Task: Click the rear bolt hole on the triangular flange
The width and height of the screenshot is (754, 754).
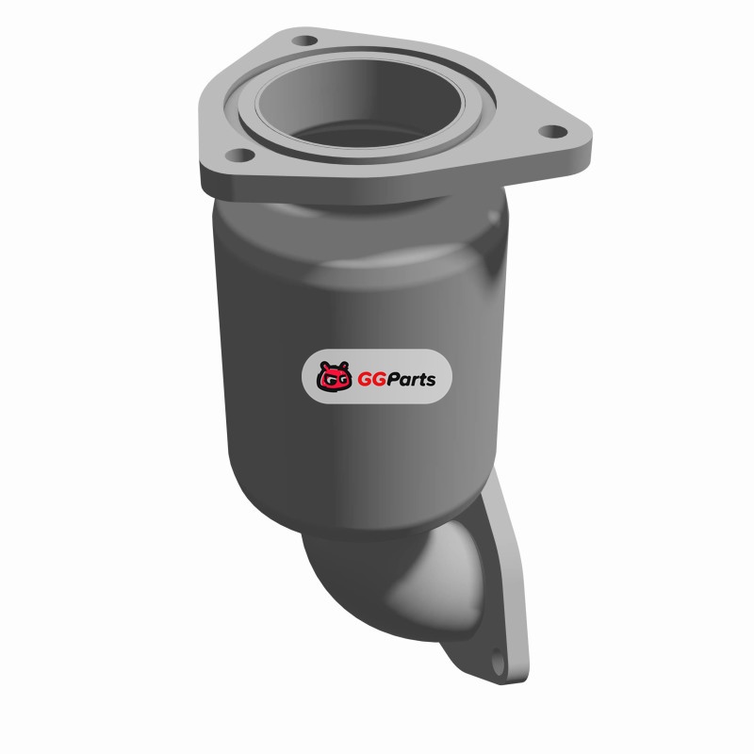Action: coord(304,41)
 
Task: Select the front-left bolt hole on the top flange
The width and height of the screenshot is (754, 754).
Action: coord(239,156)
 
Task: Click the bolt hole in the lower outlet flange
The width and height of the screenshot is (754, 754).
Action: coord(499,664)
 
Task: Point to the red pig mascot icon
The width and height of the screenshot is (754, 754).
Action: coord(333,376)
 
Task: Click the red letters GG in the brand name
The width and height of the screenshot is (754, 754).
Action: coord(371,380)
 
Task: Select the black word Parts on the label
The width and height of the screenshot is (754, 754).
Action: coord(411,380)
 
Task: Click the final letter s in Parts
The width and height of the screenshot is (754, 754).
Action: coord(431,382)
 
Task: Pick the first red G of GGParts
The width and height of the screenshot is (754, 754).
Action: coord(365,380)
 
